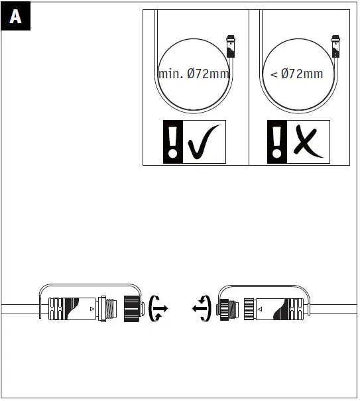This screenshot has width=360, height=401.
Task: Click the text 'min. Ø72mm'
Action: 194,74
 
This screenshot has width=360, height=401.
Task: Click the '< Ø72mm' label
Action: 297,74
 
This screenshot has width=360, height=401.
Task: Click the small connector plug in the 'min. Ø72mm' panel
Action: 231,48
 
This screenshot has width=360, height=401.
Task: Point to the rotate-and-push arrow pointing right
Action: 159,308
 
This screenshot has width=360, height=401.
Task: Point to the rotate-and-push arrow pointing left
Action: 202,308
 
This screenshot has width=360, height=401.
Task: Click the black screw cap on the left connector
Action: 133,309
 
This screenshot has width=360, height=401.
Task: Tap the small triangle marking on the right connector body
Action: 260,309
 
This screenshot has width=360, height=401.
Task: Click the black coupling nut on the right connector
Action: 226,308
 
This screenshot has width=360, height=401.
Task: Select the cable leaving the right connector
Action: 338,309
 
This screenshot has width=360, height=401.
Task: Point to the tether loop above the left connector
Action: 90,286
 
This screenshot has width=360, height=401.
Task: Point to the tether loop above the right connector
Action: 265,286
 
